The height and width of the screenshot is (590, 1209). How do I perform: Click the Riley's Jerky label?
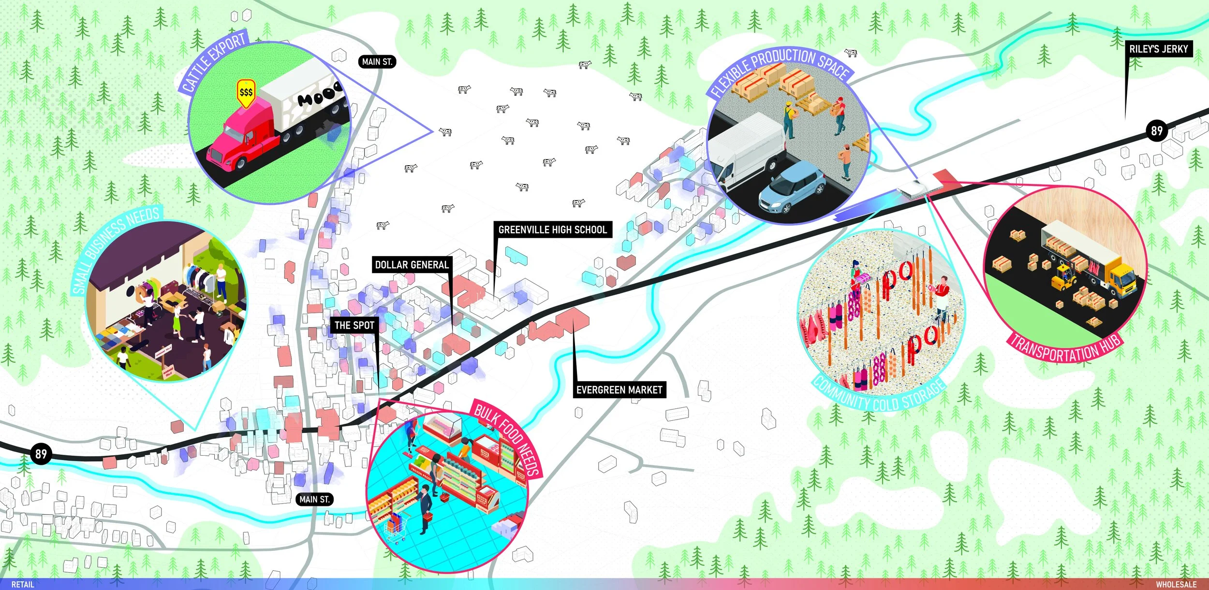[1158, 49]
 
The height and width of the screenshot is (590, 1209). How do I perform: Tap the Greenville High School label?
[552, 230]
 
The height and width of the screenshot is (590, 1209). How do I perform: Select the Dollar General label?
[412, 265]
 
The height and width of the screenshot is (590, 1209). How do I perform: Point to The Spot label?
[354, 325]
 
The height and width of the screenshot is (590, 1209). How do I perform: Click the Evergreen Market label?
[619, 389]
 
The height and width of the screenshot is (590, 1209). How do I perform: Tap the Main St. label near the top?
[377, 62]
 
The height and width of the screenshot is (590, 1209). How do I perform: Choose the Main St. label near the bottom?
[314, 499]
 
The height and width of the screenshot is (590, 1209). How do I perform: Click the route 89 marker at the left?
[41, 454]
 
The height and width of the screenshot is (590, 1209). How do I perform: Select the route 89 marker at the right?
[1156, 130]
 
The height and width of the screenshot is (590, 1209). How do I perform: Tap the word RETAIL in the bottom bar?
[23, 584]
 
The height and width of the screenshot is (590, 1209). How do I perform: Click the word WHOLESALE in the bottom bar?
[1176, 584]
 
